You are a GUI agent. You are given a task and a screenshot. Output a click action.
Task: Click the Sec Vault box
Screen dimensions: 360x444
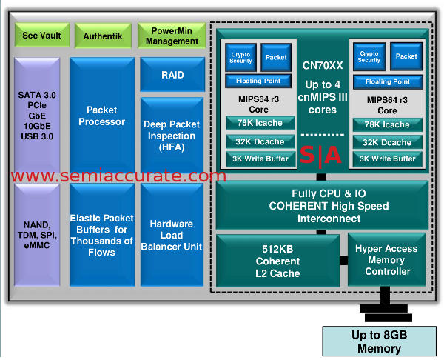[41, 35]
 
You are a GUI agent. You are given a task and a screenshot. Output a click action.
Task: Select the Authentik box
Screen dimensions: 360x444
[102, 35]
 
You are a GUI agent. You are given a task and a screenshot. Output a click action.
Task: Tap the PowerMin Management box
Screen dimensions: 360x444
[171, 36]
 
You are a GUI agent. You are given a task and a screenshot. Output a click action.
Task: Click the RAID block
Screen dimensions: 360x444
[172, 75]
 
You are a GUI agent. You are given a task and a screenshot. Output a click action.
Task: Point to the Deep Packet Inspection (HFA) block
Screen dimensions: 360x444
[172, 136]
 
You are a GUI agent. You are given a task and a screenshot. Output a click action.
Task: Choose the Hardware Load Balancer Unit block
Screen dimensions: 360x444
[172, 235]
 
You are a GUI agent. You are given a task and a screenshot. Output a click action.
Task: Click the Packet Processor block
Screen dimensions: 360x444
[102, 116]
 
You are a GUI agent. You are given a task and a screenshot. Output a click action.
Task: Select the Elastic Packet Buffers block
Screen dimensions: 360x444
[102, 236]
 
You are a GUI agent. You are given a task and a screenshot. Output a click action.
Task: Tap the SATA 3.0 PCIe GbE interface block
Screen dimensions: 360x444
[41, 117]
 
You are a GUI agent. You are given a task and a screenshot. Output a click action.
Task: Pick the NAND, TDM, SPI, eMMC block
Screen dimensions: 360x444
[41, 236]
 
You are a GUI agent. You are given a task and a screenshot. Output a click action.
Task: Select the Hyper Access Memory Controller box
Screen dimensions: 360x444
[387, 260]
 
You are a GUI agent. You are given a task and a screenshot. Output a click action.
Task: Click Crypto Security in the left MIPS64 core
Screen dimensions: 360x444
[240, 57]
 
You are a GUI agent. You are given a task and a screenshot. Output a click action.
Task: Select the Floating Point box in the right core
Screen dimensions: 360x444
[387, 81]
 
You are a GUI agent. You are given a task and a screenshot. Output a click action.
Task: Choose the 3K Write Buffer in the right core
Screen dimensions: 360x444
[386, 159]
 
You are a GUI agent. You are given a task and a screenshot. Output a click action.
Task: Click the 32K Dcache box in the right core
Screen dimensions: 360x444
[386, 141]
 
